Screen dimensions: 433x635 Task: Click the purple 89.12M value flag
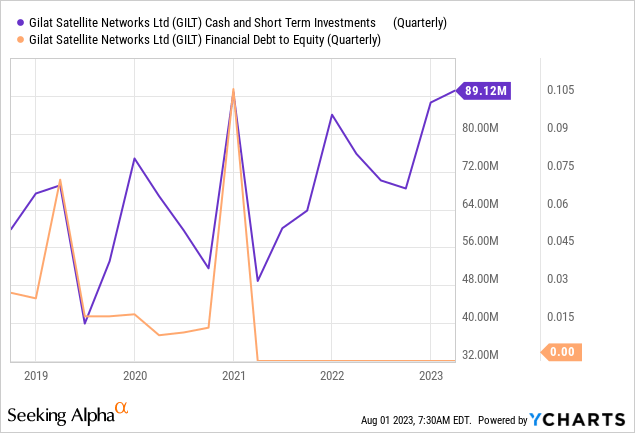tap(487, 91)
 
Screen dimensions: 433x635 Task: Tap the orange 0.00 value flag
tap(561, 352)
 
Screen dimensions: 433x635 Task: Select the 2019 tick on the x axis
tap(35, 376)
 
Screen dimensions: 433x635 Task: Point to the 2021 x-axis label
tap(233, 376)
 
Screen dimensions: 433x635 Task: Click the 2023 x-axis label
tap(430, 376)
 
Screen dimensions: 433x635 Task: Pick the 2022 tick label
tap(332, 376)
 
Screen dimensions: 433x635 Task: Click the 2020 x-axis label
tap(134, 376)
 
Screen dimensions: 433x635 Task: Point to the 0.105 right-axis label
tap(562, 91)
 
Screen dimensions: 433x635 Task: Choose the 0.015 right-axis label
tap(562, 317)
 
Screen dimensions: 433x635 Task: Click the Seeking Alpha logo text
tap(59, 414)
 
